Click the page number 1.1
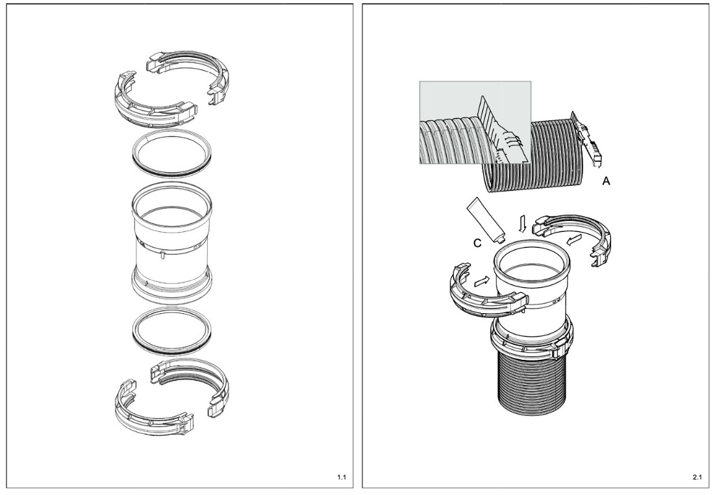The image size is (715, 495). (x=342, y=477)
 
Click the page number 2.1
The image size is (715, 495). (x=697, y=477)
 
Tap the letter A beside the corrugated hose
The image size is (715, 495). (x=606, y=181)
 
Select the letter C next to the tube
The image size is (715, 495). (x=477, y=243)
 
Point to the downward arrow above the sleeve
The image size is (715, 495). (x=523, y=224)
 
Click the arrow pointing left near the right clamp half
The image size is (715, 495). (x=574, y=239)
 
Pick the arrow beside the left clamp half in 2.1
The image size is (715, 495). (x=482, y=281)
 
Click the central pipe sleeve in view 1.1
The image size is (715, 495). (x=171, y=242)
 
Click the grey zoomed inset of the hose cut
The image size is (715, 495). (x=475, y=122)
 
